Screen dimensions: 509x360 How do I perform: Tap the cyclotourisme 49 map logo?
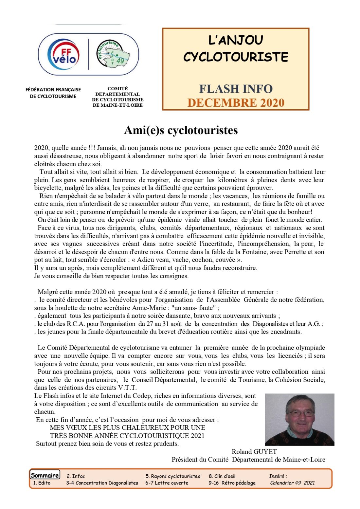click(113, 54)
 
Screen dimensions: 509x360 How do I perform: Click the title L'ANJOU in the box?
click(236, 40)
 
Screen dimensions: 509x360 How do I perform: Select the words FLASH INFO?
click(236, 89)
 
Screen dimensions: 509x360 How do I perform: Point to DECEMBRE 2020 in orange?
click(236, 103)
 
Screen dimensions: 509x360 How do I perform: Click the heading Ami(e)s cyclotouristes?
click(181, 130)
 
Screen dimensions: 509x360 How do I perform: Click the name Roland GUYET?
click(254, 452)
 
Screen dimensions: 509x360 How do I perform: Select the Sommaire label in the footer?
click(45, 475)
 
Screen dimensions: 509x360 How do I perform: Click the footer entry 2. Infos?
click(76, 476)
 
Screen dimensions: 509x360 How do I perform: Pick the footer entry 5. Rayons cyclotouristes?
click(173, 476)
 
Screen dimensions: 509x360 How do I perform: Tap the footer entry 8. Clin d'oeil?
click(222, 476)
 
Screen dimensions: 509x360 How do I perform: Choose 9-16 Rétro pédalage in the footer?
click(232, 483)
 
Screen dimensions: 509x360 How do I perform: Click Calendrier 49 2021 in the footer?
click(292, 483)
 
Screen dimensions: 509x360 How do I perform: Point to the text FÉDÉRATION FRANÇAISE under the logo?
click(53, 89)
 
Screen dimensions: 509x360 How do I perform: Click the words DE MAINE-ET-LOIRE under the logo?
click(117, 105)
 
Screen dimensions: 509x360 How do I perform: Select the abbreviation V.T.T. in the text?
click(127, 388)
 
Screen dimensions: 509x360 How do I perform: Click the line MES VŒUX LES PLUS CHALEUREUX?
click(127, 427)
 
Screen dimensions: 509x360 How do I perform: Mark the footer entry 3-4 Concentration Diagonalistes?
click(102, 483)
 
